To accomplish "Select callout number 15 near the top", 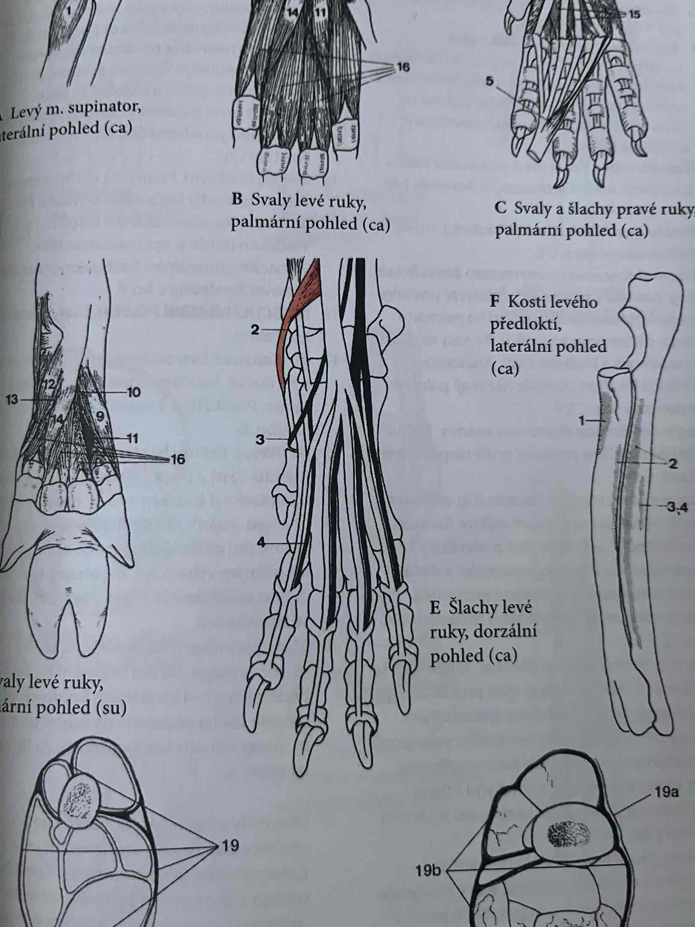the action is coord(635,15).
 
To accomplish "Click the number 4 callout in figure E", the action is coord(260,542).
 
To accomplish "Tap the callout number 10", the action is coord(134,392).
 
